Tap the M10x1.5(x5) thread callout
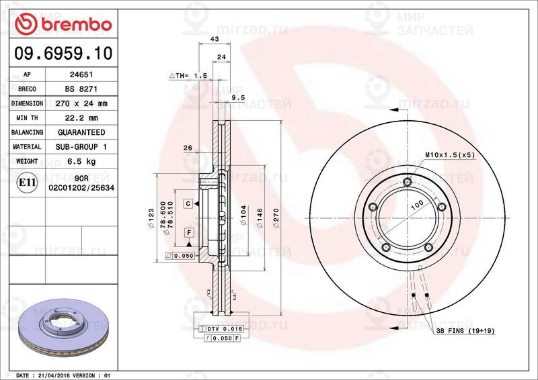point(450,155)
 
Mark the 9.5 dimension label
point(237,97)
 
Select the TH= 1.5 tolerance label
point(188,76)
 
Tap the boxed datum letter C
point(188,203)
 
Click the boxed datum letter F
point(189,232)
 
